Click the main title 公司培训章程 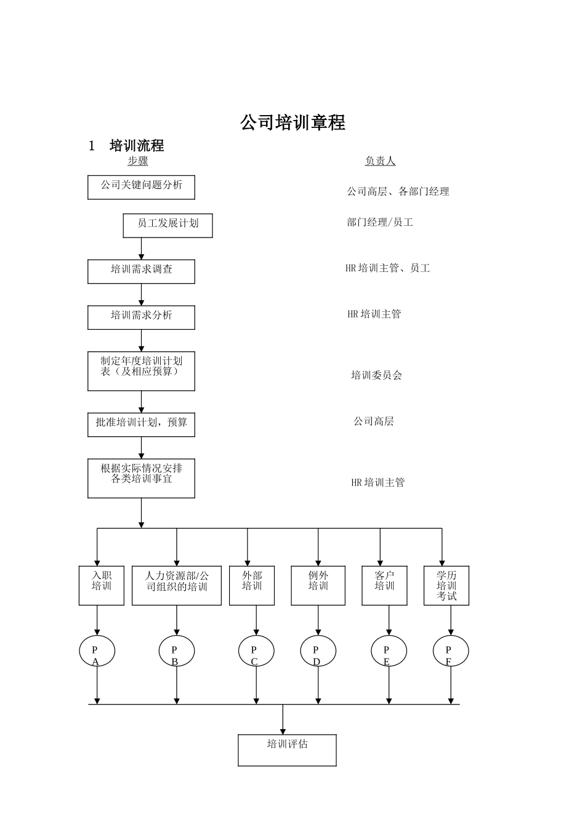292,122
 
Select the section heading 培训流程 137,146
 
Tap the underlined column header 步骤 138,161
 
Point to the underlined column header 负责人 380,161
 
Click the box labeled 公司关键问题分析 141,187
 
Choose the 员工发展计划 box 167,225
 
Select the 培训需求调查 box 141,271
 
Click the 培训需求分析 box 141,318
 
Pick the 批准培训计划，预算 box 141,425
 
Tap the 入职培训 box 101,585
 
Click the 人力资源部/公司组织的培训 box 177,585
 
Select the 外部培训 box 252,585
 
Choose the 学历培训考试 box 446,585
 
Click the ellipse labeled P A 97,651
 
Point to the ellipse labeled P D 318,651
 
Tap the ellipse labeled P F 451,651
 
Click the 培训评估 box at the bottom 287,749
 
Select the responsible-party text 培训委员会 376,375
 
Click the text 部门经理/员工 380,222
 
